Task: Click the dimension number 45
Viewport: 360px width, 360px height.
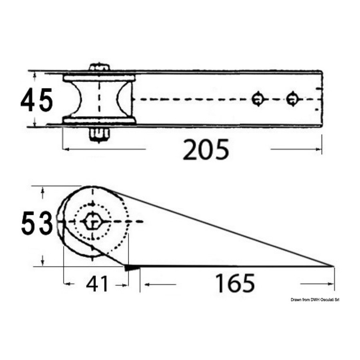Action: point(37,100)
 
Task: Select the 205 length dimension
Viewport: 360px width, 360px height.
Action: point(206,150)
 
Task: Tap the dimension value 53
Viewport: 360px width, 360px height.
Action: point(37,223)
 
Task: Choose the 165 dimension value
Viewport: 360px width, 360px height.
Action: point(235,283)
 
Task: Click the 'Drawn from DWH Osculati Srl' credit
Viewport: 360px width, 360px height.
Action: point(315,300)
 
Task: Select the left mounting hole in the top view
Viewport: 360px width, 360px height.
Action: point(258,99)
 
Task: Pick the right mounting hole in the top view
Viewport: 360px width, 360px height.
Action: point(292,99)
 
